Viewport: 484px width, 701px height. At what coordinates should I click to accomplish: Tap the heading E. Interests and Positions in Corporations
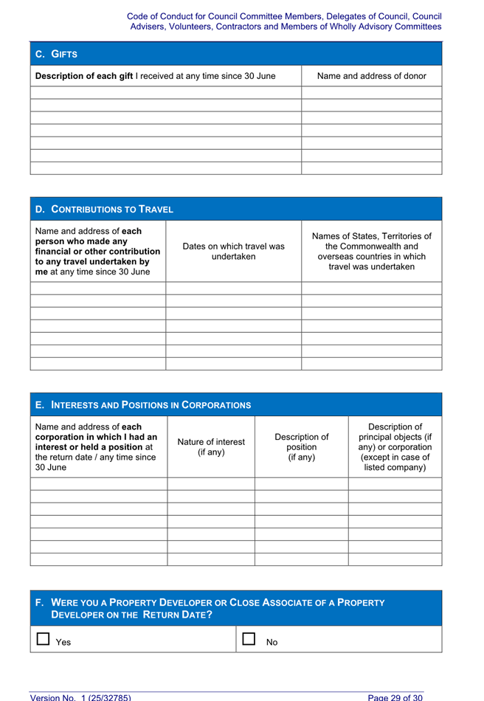(143, 405)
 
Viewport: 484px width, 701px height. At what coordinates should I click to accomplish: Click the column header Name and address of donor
(371, 75)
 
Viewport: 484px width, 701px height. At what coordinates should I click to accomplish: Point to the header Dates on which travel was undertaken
(233, 251)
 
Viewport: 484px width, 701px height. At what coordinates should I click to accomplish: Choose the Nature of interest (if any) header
(211, 447)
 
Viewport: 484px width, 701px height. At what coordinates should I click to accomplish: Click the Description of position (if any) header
(301, 447)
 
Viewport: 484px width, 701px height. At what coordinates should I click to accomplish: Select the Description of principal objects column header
(395, 447)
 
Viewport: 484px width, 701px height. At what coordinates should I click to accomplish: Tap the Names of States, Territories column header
(371, 251)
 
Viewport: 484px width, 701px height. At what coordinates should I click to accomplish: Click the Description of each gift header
(165, 75)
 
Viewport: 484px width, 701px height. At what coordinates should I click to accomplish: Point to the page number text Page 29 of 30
(395, 696)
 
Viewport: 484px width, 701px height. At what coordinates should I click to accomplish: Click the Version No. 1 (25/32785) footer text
(80, 696)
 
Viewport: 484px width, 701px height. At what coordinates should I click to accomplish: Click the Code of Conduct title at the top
(284, 21)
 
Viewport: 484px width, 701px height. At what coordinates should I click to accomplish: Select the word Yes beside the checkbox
(63, 643)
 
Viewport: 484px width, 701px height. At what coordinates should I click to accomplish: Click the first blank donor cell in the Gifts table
(371, 93)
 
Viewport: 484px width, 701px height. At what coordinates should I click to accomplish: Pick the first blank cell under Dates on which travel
(233, 289)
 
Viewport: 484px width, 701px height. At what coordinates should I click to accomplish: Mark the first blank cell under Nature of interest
(211, 484)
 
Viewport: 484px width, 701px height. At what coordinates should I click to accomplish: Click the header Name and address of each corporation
(98, 447)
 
